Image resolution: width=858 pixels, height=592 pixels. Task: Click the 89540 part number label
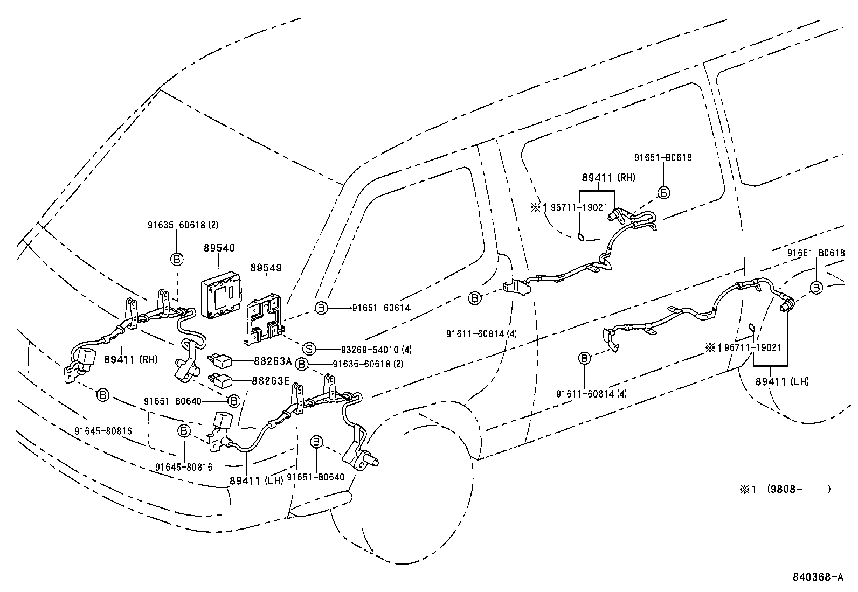point(219,248)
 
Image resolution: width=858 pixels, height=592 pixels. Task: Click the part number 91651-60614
point(381,308)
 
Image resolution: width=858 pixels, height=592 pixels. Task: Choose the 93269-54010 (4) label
point(376,349)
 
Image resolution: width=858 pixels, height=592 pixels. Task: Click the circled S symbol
point(309,349)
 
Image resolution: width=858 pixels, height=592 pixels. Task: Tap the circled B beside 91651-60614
point(321,308)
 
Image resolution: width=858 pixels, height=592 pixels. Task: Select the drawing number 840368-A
point(817,577)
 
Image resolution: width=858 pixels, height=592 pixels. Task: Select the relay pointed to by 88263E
point(222,379)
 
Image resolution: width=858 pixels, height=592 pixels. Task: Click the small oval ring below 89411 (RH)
point(580,236)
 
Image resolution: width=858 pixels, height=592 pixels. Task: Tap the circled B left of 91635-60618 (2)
point(302,365)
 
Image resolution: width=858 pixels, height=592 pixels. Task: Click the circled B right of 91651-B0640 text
point(233,401)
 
